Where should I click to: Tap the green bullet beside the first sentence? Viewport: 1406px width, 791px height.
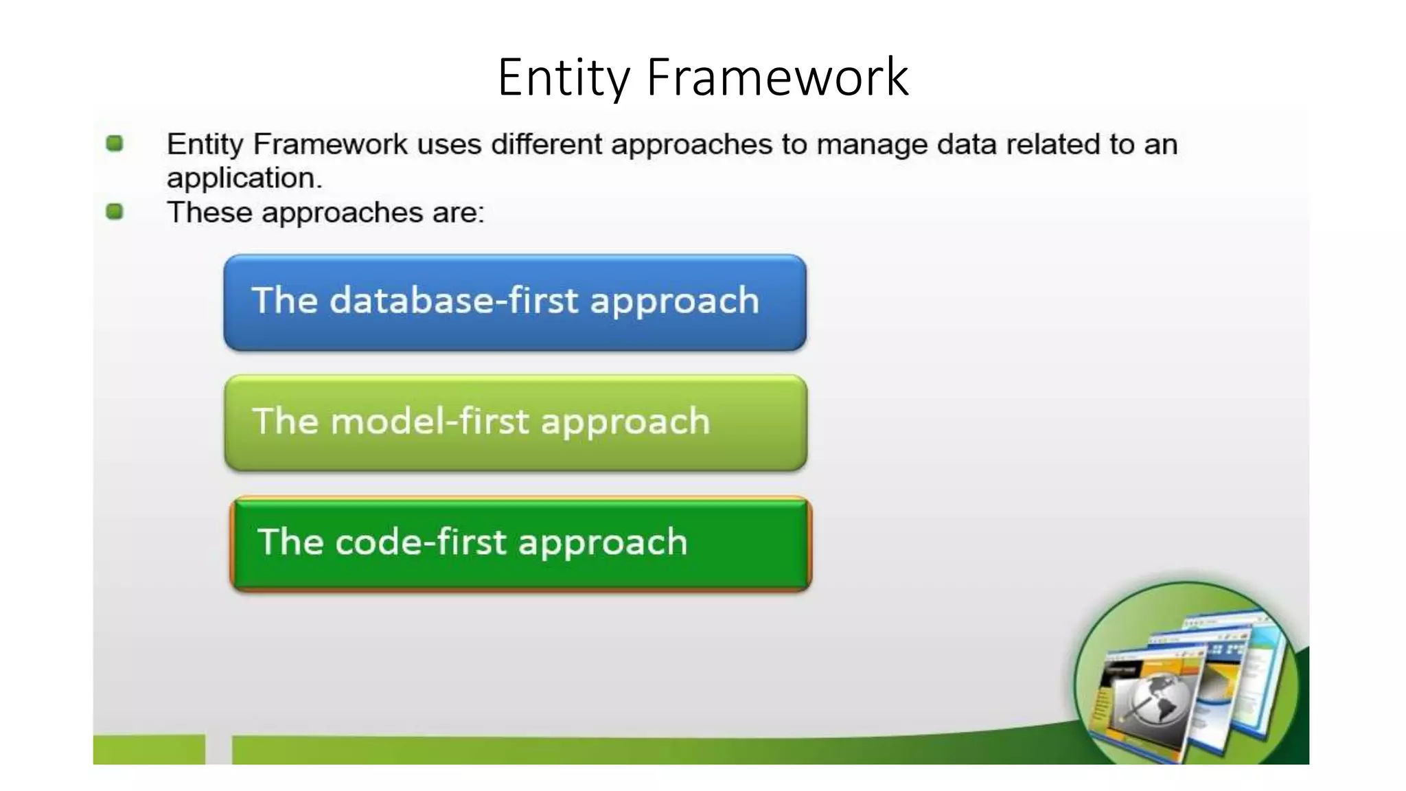pos(115,144)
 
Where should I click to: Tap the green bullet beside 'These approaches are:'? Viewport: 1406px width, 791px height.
pos(115,211)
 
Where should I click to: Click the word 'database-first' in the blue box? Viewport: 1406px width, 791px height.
pos(454,301)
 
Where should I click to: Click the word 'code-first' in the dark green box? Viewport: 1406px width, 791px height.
pos(421,542)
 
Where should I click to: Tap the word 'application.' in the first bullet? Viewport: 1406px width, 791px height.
pos(244,179)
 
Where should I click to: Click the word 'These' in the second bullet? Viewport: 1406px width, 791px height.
pos(209,212)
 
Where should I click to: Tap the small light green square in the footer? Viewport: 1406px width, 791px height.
pos(149,749)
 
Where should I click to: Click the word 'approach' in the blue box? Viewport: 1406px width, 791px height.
pos(674,301)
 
